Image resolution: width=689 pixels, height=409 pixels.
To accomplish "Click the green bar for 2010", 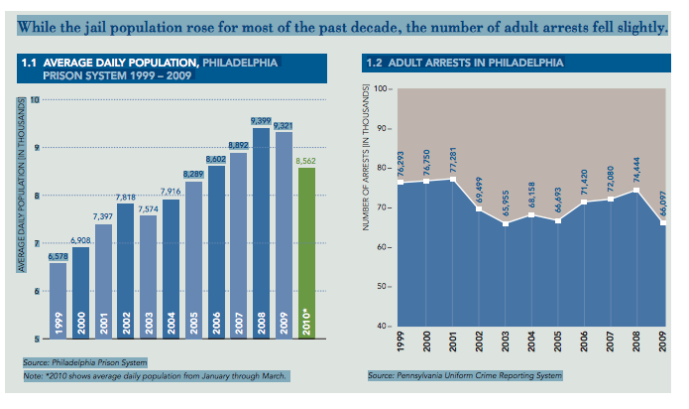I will [306, 253].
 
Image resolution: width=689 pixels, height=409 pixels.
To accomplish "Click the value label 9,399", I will [261, 121].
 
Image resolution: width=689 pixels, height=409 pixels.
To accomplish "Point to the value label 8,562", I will [306, 159].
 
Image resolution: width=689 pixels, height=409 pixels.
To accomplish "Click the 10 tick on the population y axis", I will [35, 100].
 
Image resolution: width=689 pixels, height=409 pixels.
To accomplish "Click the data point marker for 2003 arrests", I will [505, 224].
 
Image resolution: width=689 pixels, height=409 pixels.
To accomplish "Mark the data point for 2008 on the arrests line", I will [634, 191].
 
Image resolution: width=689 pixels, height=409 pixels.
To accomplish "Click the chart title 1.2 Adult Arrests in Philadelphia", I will [465, 63].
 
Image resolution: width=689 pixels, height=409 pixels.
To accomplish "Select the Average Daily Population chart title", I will [149, 68].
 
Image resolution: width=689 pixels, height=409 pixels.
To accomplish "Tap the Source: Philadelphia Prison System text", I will [85, 362].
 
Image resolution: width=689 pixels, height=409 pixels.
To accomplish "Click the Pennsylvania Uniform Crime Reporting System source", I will [465, 376].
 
